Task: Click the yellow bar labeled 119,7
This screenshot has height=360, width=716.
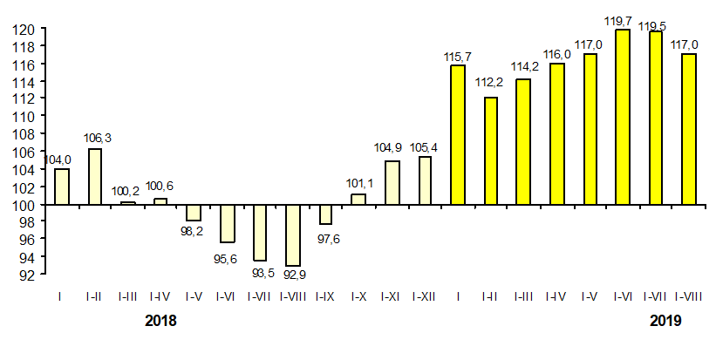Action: coord(623,117)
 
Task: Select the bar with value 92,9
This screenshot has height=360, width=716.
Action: coord(293,235)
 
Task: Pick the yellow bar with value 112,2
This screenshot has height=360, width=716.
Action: coord(490,151)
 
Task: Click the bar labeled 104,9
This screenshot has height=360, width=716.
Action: coord(392,183)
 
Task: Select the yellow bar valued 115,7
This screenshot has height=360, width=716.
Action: coord(458,135)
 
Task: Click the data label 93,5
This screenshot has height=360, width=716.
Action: coord(261,272)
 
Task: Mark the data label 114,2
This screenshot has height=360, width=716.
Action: coord(523,68)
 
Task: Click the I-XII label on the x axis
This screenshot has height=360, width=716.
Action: coord(425,297)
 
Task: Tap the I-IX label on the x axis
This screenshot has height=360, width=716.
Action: coord(325,297)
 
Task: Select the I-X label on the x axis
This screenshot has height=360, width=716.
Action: coord(358,297)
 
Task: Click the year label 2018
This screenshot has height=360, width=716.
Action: coord(160,321)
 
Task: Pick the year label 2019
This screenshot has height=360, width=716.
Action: coord(666,321)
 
